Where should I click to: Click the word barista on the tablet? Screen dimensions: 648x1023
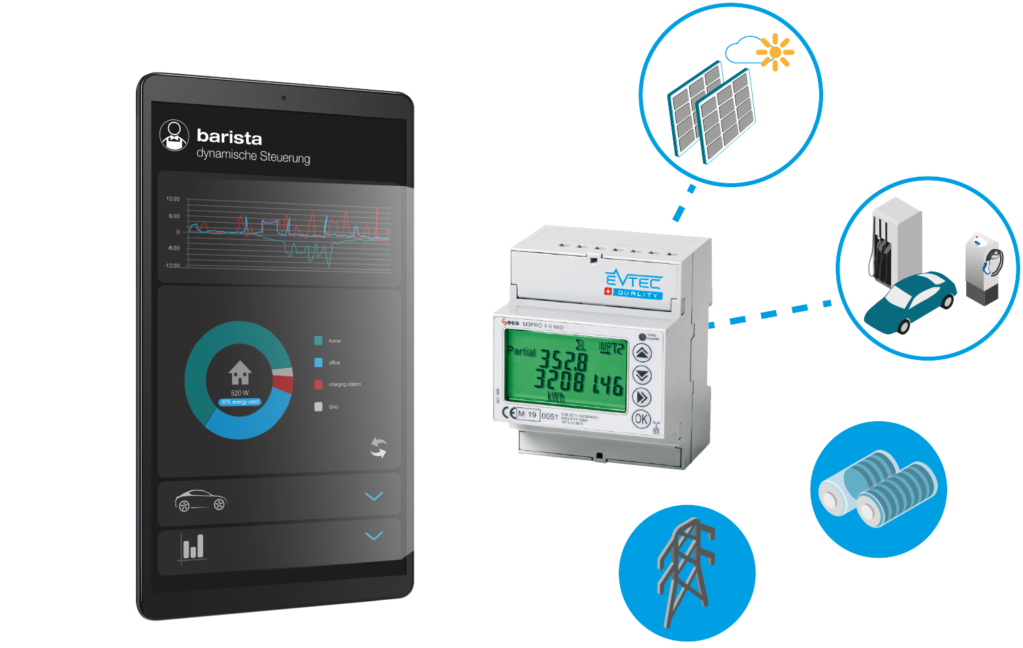click(x=229, y=137)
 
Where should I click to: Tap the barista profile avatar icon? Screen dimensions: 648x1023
click(x=174, y=134)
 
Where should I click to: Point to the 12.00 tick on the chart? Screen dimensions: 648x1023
click(x=173, y=198)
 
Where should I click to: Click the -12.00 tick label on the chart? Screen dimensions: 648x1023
click(x=171, y=265)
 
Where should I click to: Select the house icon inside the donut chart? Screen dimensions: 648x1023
click(x=240, y=372)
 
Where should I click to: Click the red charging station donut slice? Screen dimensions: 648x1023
click(x=283, y=384)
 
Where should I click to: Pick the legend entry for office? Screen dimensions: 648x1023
click(x=328, y=363)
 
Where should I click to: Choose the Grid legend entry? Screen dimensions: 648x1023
click(x=326, y=407)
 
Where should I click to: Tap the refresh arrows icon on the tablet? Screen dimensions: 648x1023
click(x=378, y=448)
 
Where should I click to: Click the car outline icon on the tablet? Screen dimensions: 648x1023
click(x=201, y=500)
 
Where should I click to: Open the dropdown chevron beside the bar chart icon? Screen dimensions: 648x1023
click(x=374, y=536)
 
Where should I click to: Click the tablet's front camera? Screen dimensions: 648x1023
click(x=284, y=98)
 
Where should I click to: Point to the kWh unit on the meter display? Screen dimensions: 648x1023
click(x=555, y=398)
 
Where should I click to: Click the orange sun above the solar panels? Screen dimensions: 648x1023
click(x=775, y=52)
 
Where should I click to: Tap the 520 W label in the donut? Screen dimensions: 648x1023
click(x=240, y=393)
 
